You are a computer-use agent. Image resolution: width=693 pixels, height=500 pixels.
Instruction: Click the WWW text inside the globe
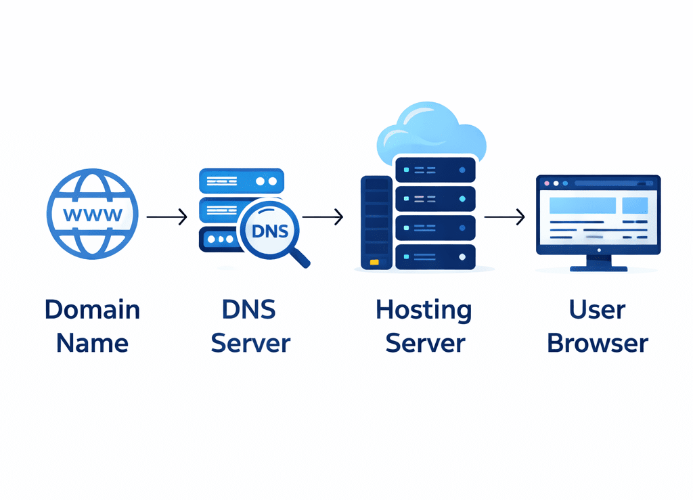click(92, 215)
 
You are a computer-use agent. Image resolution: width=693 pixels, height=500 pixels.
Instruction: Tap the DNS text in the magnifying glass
click(269, 231)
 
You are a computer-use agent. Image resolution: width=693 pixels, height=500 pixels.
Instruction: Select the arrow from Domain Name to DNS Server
click(166, 217)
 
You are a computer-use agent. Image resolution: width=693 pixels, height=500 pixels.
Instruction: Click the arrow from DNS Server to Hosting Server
click(322, 217)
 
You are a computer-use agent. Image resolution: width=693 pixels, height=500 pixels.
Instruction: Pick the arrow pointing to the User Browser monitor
click(504, 217)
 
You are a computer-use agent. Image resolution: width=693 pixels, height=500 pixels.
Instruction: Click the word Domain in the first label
click(92, 310)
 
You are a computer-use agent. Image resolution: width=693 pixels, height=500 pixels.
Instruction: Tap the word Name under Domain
click(92, 343)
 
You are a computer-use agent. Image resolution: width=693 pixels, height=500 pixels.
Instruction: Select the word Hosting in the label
click(424, 310)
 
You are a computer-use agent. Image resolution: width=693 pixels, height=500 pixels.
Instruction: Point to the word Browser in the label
click(598, 343)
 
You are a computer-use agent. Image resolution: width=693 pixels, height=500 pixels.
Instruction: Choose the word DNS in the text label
click(250, 310)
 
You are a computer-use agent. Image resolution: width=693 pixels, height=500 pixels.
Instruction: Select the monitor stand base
click(598, 268)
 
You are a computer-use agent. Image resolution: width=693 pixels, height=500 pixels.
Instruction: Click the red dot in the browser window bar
click(545, 183)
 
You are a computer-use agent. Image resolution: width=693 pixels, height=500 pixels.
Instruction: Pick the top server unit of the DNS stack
click(241, 181)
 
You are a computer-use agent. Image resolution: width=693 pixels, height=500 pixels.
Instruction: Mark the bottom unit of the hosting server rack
click(435, 257)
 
